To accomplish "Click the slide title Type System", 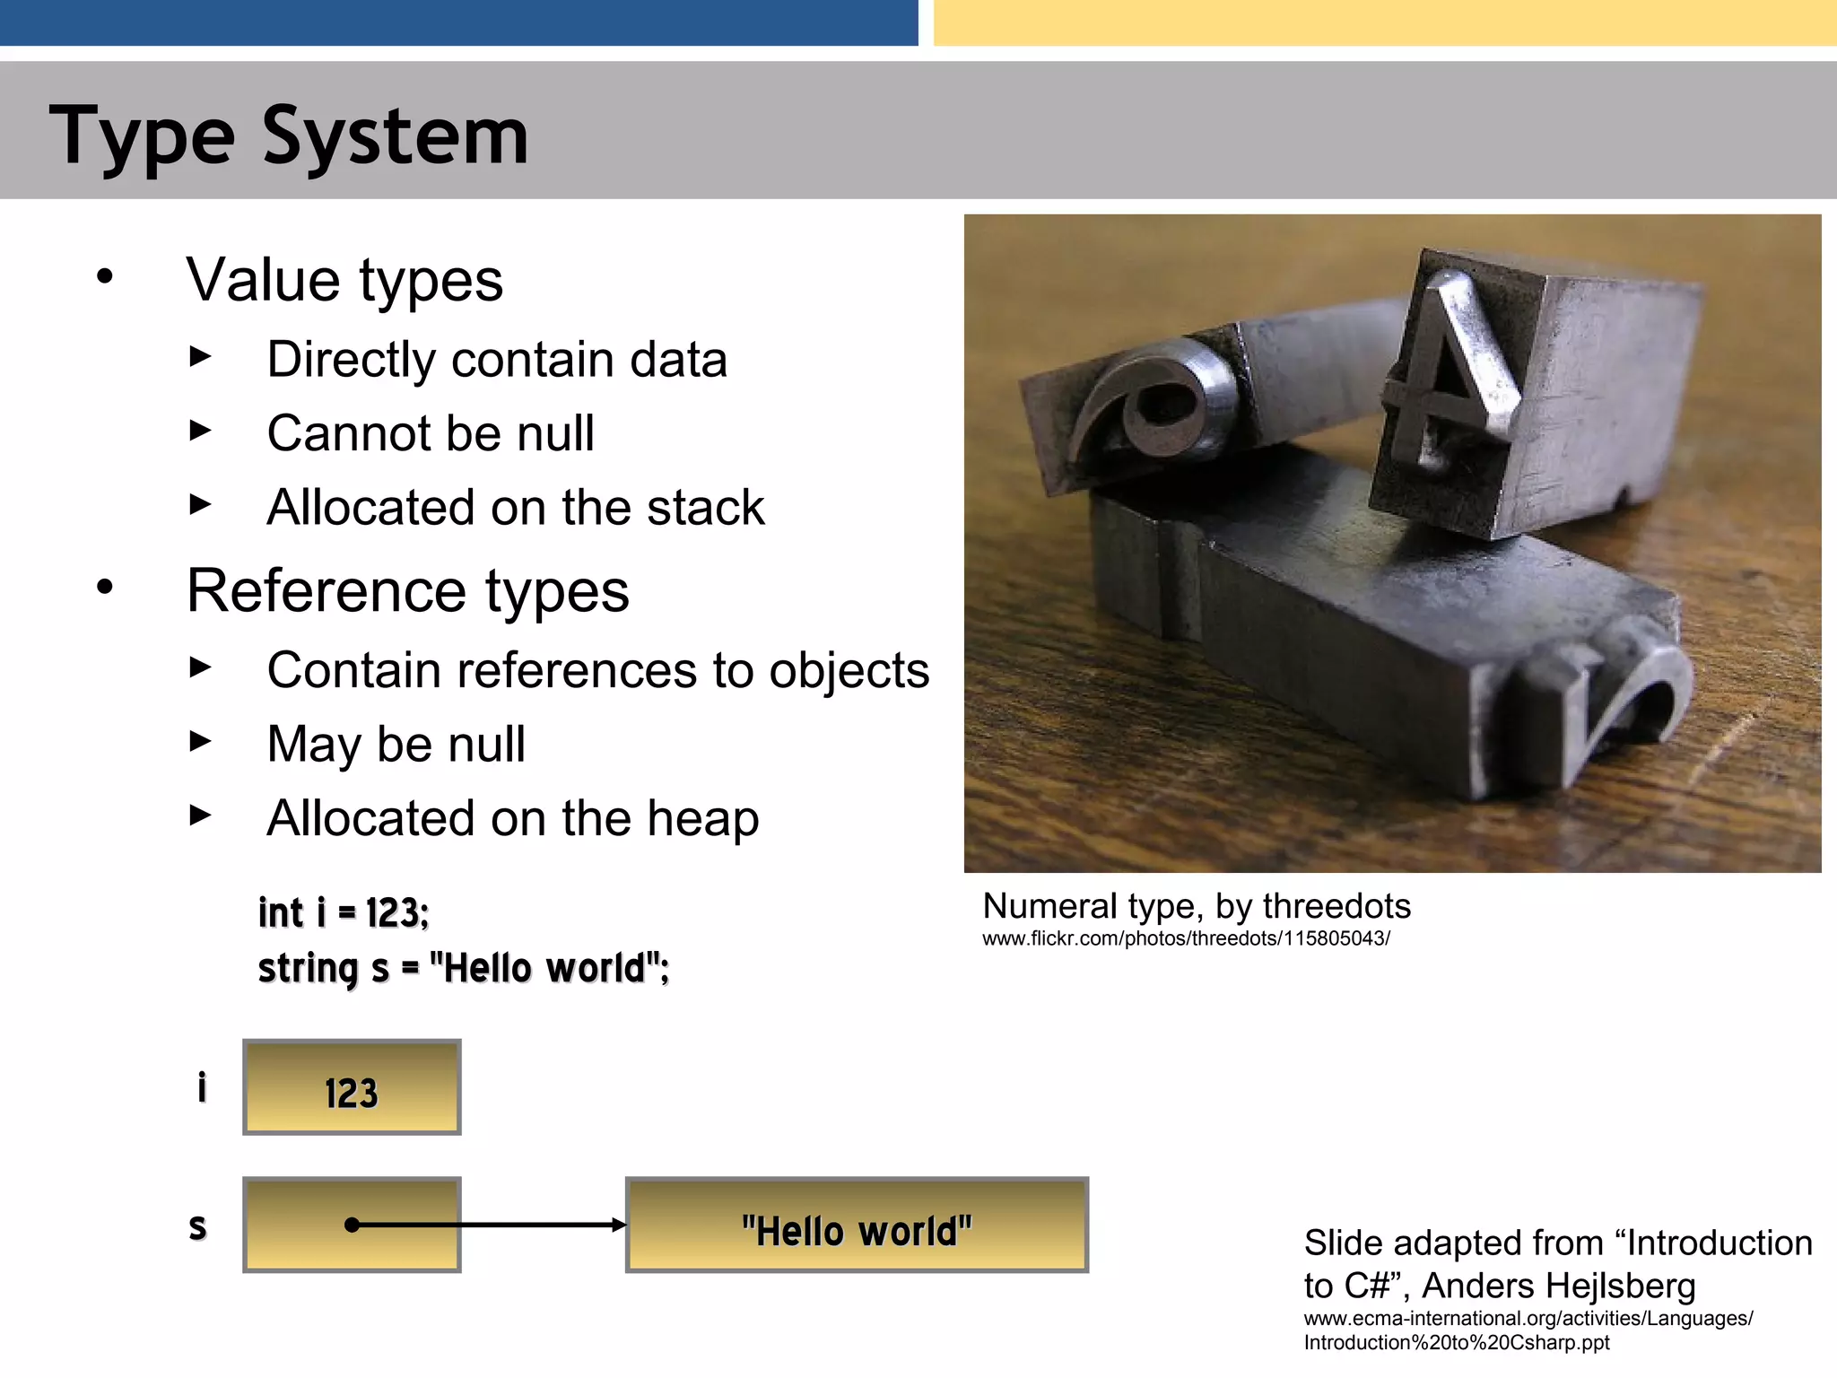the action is click(289, 136).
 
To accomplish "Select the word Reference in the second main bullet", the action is click(326, 591).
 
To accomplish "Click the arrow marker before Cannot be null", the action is click(201, 432).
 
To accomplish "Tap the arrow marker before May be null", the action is click(201, 742).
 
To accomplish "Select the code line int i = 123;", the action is click(344, 913).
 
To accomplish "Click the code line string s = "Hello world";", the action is click(463, 969).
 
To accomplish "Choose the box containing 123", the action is click(352, 1087).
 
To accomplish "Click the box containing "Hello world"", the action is click(857, 1225).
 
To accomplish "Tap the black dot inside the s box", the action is click(353, 1225).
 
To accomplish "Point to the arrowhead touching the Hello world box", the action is click(618, 1225).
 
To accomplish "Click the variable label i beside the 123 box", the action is click(202, 1087).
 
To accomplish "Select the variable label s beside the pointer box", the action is click(198, 1226).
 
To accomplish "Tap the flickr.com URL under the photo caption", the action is click(1186, 939).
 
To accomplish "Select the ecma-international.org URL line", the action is click(1528, 1319).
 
